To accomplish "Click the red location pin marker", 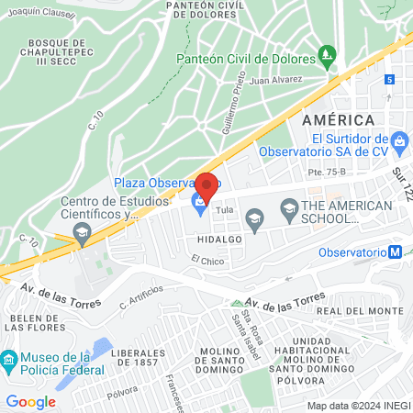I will (x=206, y=185).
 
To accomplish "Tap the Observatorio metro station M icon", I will (x=395, y=252).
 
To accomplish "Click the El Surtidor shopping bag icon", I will (x=399, y=141).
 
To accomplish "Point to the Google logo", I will (x=30, y=401).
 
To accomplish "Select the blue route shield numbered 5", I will (x=390, y=80).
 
